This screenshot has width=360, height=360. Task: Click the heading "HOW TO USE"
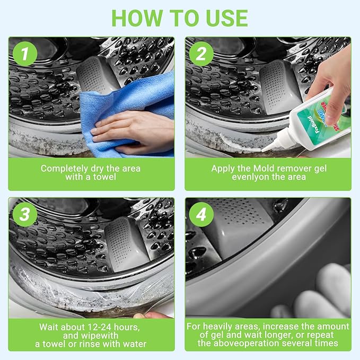coord(180,17)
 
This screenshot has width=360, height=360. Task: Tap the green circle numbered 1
coord(24,54)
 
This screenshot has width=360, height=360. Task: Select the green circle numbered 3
coord(24,214)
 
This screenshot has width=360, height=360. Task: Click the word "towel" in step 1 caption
coord(104,177)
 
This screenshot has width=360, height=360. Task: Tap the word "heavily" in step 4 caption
coord(219,326)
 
